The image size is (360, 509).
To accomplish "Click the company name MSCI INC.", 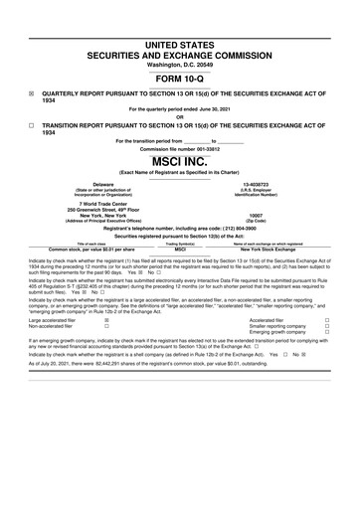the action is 180,161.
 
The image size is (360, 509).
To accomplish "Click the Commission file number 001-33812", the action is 212,149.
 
